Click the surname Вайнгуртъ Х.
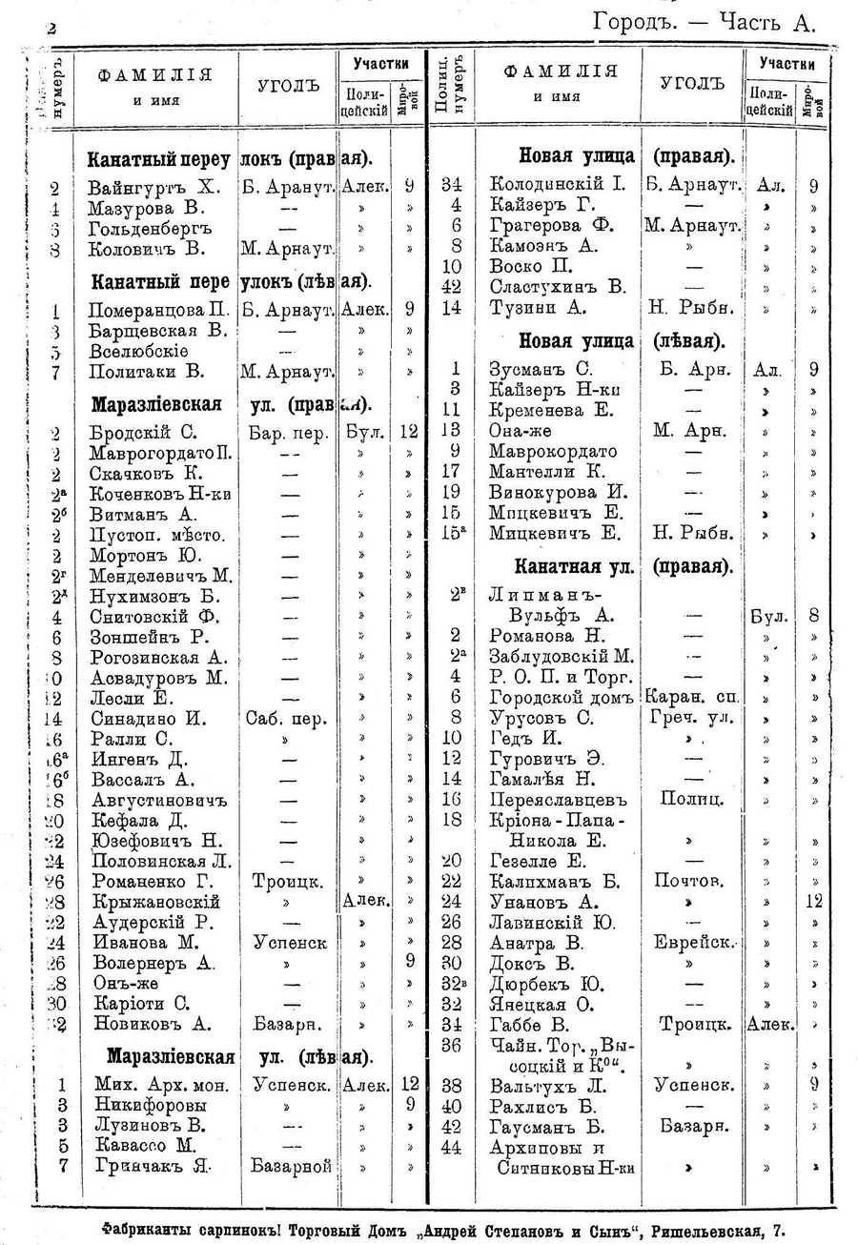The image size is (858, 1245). coord(154,187)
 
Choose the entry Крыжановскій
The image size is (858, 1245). coord(156,902)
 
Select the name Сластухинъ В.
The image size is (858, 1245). coord(557,287)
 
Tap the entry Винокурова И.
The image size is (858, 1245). coord(557,493)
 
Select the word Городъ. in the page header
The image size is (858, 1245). coord(632,22)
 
